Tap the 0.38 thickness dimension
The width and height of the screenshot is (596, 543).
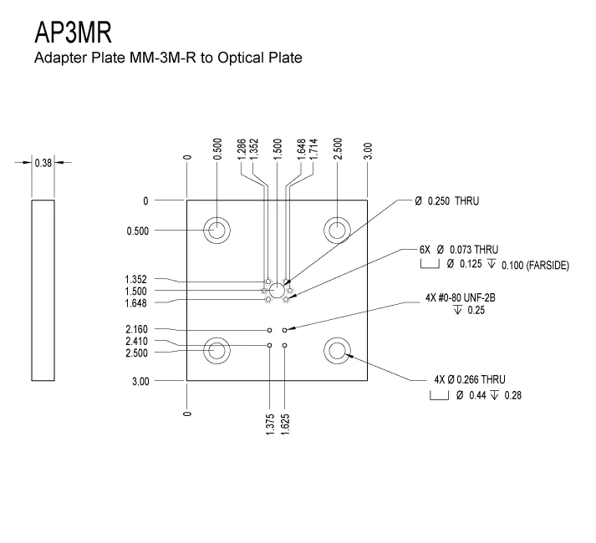click(x=43, y=163)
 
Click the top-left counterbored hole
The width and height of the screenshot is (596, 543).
click(x=217, y=231)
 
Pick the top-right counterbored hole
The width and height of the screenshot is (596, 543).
click(x=338, y=231)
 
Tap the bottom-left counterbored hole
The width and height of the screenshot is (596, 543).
click(x=217, y=351)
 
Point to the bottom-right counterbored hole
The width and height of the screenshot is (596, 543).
click(x=338, y=351)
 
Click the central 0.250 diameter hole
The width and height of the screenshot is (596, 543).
click(x=277, y=290)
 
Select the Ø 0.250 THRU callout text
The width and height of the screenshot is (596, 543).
click(x=446, y=201)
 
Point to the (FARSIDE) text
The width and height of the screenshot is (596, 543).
click(x=547, y=265)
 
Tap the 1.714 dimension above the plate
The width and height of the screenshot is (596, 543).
click(x=313, y=148)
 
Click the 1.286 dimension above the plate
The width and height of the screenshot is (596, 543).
click(x=241, y=148)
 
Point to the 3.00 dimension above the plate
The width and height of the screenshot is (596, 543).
click(x=368, y=151)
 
